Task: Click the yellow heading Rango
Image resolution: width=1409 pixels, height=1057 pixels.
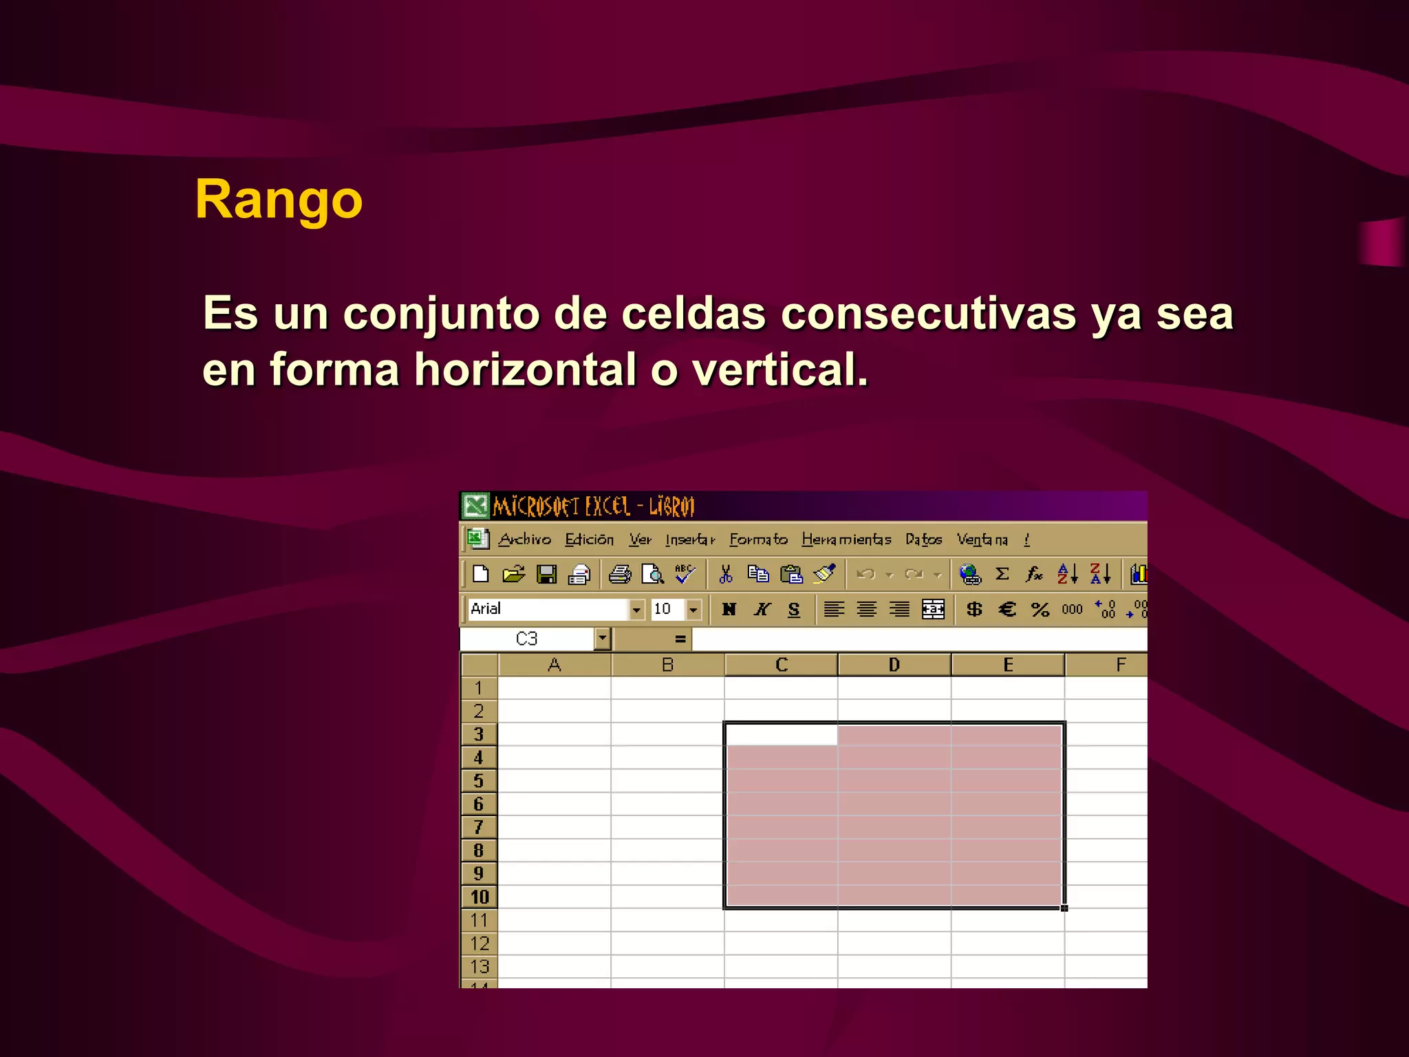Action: [x=279, y=200]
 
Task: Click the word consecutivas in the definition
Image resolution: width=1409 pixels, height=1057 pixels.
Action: [x=928, y=313]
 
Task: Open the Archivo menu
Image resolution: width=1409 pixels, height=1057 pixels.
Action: [x=524, y=540]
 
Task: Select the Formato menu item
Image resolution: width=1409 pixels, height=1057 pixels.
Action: [x=758, y=540]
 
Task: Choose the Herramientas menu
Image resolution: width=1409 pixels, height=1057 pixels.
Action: [x=846, y=540]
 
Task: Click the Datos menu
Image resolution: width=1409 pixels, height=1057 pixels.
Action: [x=923, y=540]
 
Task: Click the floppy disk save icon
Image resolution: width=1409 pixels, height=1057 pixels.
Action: [x=547, y=574]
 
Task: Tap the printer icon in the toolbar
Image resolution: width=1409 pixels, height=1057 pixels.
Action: [x=619, y=574]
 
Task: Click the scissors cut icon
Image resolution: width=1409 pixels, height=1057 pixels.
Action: [x=726, y=574]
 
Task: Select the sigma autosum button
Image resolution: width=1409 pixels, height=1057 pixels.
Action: [x=1002, y=574]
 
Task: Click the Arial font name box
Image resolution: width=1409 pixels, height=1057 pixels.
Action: [x=547, y=609]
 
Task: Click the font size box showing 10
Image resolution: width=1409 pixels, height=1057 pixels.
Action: [x=666, y=609]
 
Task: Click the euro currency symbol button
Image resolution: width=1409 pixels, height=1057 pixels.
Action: [x=1007, y=609]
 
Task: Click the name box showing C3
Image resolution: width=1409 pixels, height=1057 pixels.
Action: [x=527, y=639]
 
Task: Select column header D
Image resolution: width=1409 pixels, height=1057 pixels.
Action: [x=894, y=665]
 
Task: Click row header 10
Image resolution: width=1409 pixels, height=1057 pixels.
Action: [x=480, y=897]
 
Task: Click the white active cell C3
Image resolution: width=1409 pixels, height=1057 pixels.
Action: [x=781, y=735]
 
